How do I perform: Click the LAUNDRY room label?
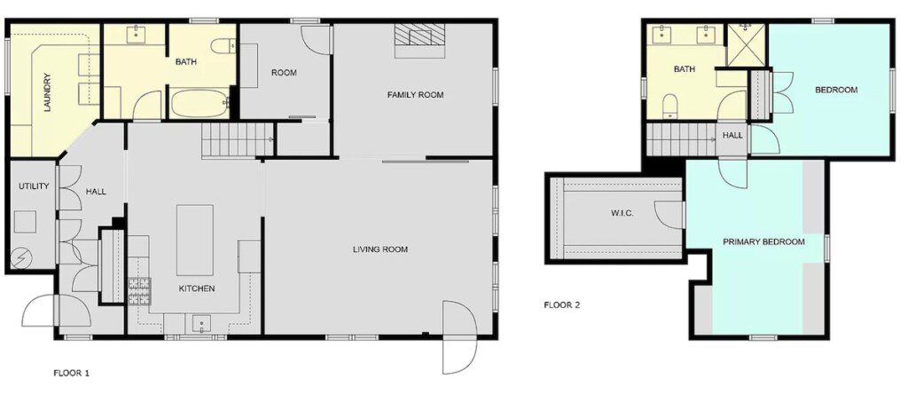tap(48, 92)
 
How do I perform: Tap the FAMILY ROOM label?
tap(415, 95)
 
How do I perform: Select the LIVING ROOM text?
tap(380, 249)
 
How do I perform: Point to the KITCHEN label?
tap(196, 288)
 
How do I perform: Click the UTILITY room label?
tap(34, 186)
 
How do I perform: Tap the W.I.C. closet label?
tap(622, 213)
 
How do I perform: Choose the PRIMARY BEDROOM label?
tap(763, 241)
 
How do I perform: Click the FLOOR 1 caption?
tap(71, 373)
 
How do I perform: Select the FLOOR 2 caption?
tap(561, 304)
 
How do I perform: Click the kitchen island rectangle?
tap(194, 240)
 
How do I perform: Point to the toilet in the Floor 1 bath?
tap(223, 46)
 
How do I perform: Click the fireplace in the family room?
tap(419, 41)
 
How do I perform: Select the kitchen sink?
tap(201, 324)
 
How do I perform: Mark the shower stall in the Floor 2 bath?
tap(747, 45)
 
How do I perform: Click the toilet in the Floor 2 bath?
tap(670, 106)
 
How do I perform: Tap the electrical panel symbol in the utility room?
tap(22, 258)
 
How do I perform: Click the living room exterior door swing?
tap(460, 337)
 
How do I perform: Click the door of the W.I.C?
tap(670, 214)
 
